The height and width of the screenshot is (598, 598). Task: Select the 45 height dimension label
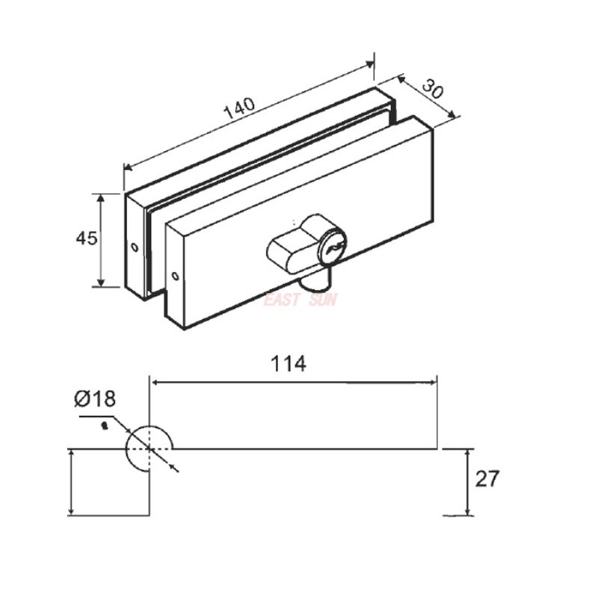[x=86, y=238]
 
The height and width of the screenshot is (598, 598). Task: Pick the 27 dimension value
[x=487, y=479]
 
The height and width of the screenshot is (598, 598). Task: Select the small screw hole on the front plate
[x=175, y=276]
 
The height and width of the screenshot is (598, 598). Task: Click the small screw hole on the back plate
[x=134, y=247]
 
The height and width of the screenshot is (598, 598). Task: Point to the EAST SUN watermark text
[x=300, y=300]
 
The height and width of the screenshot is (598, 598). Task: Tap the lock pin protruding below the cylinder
[x=318, y=282]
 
